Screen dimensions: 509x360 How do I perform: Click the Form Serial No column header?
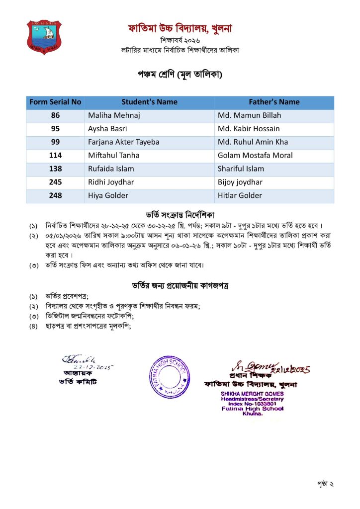(55, 102)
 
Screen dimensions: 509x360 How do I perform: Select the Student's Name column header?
(149, 102)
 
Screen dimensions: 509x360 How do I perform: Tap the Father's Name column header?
(274, 102)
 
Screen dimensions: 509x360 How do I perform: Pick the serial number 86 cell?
(55, 115)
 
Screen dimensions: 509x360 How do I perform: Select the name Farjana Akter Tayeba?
(124, 142)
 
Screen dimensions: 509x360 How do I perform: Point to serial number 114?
(55, 156)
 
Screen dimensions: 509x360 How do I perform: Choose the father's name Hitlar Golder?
(240, 196)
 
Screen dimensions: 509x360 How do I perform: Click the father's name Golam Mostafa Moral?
(255, 156)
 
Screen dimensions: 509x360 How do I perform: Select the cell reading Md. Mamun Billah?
(249, 115)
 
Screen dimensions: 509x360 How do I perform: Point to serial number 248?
(55, 196)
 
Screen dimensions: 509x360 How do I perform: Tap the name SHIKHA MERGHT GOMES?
(252, 394)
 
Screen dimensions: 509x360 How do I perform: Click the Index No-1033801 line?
(252, 404)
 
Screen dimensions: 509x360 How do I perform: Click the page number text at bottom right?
(324, 483)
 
